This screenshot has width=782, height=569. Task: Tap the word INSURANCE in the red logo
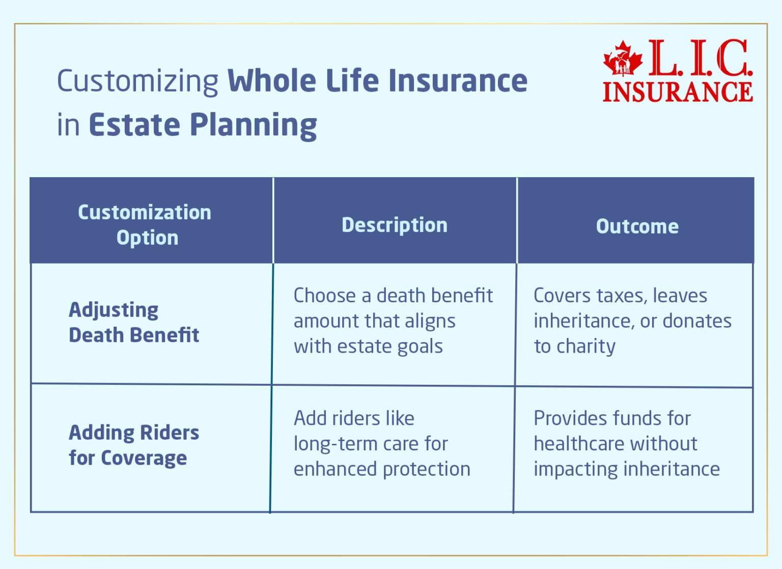coord(678,92)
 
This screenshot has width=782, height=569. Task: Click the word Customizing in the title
coord(137,81)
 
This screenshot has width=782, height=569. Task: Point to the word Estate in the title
coord(134,125)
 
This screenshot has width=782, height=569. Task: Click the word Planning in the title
coord(253,126)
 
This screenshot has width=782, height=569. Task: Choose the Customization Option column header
coord(145,224)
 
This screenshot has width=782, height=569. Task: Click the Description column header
coord(395,225)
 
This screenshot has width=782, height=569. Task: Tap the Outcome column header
coord(637,226)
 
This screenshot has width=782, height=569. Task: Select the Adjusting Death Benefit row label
coord(133,322)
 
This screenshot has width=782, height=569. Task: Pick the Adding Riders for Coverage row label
coord(133,445)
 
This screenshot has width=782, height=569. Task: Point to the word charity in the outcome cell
coord(586,347)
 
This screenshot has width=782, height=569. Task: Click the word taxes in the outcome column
coord(622,296)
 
